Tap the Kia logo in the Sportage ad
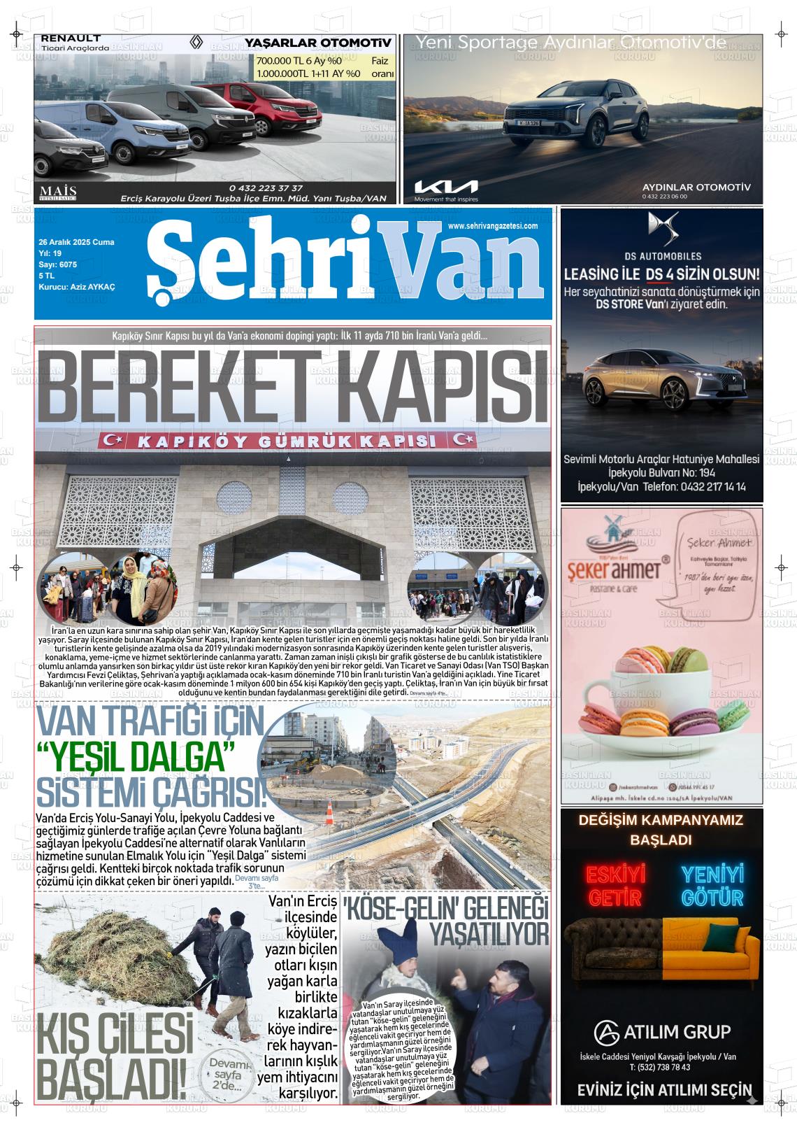point(446,187)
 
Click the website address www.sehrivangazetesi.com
point(492,226)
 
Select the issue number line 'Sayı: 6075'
point(57,264)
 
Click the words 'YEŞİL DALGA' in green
point(136,756)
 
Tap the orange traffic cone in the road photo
point(329,814)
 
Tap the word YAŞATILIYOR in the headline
point(489,933)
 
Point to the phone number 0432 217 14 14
point(712,487)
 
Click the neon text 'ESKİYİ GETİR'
point(606,885)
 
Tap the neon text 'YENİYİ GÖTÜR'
point(712,885)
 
